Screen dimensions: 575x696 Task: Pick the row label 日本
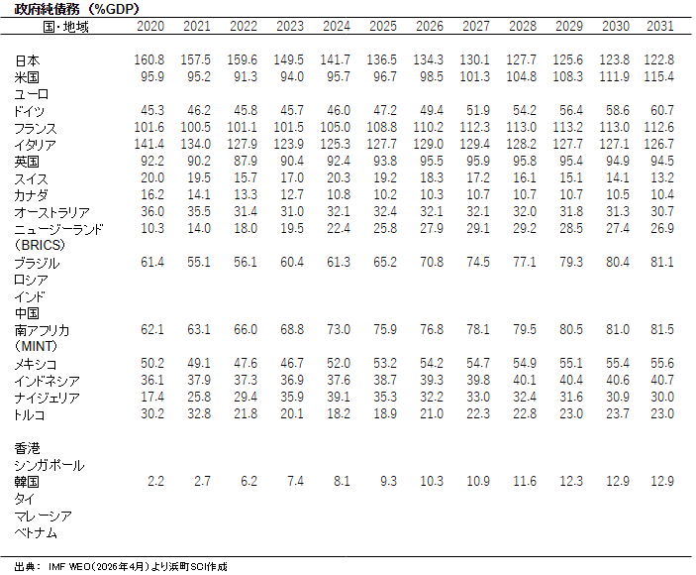tap(29, 61)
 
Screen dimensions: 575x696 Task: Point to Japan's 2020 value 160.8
tap(150, 60)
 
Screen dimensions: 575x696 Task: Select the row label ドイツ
tap(31, 112)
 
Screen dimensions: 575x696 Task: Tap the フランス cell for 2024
tap(336, 128)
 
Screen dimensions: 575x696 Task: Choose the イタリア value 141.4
tap(150, 145)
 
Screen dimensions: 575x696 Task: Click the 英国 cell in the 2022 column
tap(244, 162)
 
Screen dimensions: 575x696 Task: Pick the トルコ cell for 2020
tap(151, 414)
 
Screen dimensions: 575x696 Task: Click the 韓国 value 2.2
tap(155, 481)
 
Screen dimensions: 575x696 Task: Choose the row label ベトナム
tap(35, 532)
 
